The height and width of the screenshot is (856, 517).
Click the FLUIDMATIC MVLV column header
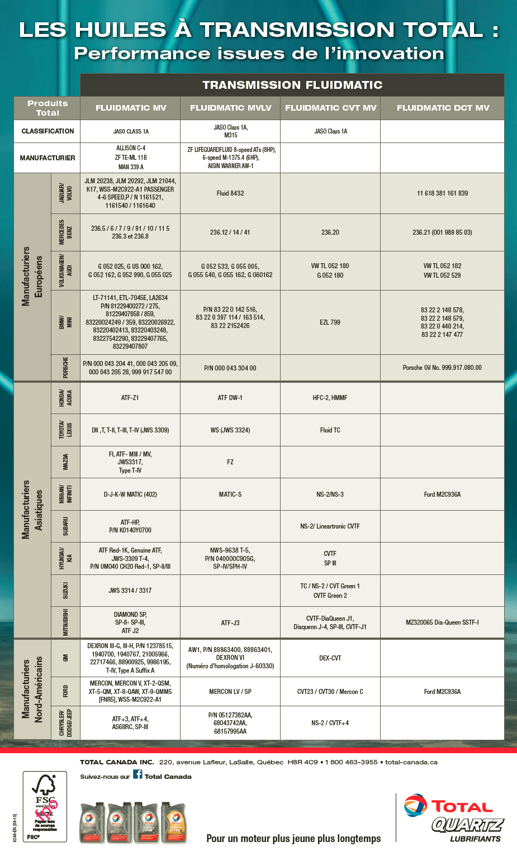[230, 108]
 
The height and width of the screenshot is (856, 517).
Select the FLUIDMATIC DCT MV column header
[443, 108]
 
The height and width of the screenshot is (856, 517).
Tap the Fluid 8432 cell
[230, 193]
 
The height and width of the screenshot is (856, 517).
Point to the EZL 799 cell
[330, 322]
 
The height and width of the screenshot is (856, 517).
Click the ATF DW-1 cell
[230, 398]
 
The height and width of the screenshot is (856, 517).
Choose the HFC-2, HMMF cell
[330, 398]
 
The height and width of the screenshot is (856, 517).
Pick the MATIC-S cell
[230, 494]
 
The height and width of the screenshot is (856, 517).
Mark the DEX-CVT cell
[330, 658]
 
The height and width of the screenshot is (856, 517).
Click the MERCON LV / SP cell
[230, 692]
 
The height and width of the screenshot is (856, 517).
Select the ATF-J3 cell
[230, 623]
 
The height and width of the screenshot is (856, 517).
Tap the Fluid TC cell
[330, 430]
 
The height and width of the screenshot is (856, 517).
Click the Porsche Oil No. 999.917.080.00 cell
[442, 368]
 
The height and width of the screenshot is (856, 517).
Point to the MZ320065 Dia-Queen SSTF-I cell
[442, 622]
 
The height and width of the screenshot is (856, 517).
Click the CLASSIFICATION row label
[48, 131]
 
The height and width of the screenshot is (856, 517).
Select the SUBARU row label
[65, 526]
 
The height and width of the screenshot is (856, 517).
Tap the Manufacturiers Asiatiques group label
[32, 510]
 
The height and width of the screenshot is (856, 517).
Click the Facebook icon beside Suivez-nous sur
[137, 774]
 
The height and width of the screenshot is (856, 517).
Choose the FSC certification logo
[45, 806]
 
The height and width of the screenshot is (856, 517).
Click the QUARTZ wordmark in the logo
[467, 825]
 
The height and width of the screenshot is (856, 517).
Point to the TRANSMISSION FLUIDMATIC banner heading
[292, 85]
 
